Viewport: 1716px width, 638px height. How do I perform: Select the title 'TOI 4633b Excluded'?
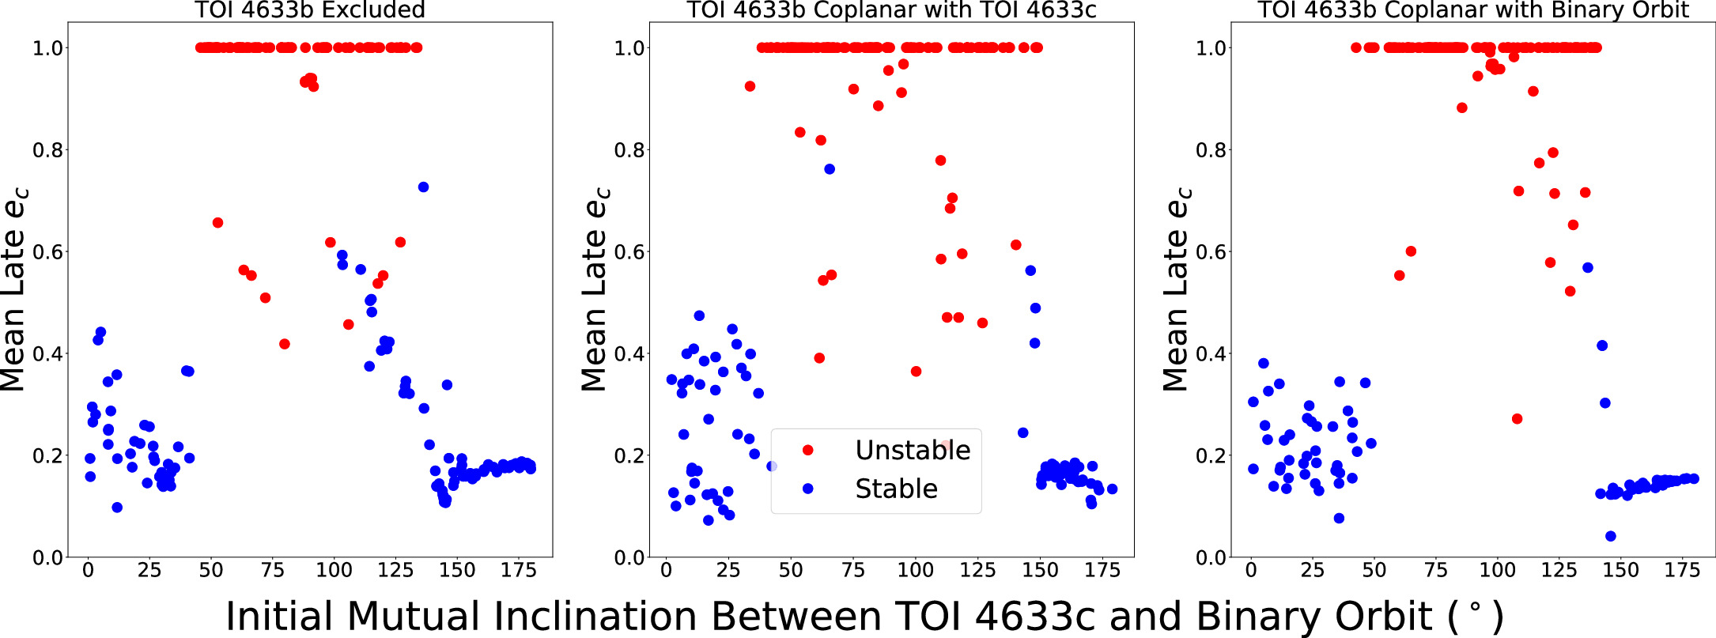(x=310, y=10)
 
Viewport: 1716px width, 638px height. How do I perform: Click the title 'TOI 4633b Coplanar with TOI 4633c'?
(x=891, y=10)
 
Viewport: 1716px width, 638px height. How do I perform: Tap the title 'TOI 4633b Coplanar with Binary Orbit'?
(x=1473, y=10)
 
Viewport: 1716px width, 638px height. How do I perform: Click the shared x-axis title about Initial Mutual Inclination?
(x=864, y=616)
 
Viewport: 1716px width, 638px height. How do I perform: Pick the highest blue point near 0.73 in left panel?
(x=423, y=187)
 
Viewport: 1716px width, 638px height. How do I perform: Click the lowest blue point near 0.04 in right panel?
(x=1611, y=536)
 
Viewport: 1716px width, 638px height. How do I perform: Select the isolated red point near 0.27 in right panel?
(x=1517, y=419)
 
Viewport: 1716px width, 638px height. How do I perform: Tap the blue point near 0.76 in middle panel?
(x=830, y=169)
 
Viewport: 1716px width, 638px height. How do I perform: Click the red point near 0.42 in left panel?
(x=285, y=344)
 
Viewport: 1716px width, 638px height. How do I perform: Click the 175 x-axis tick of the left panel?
(x=519, y=571)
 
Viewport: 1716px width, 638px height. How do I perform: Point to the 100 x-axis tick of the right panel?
(x=1497, y=571)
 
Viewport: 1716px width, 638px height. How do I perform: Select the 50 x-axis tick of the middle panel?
(x=791, y=571)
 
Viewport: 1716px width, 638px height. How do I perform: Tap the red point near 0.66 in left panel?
(x=217, y=223)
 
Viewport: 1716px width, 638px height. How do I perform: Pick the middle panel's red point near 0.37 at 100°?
(x=916, y=372)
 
